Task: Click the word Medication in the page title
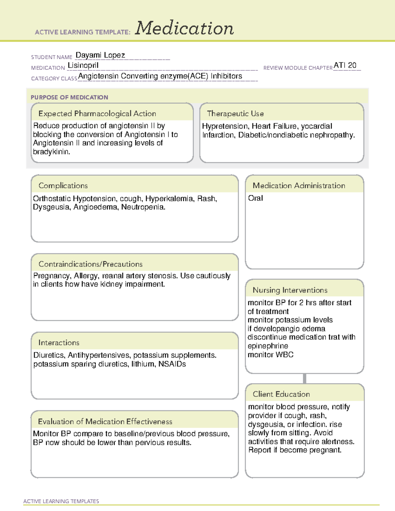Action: coord(184,28)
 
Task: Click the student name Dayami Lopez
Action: coord(100,55)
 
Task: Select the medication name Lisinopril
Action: coord(83,65)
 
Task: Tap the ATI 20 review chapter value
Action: coord(345,65)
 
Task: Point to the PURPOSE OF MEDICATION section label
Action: coord(69,97)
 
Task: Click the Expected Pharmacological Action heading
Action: coord(97,114)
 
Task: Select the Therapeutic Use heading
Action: coord(235,114)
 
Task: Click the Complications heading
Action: coord(63,186)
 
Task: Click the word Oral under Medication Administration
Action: coord(255,198)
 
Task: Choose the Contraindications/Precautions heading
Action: coord(90,264)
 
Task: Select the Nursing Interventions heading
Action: coord(290,290)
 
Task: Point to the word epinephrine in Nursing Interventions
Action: coord(268,346)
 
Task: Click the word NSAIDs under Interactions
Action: coord(172,364)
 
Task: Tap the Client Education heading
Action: coord(281,394)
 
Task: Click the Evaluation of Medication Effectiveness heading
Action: coord(105,422)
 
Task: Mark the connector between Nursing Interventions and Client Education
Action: coord(304,378)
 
